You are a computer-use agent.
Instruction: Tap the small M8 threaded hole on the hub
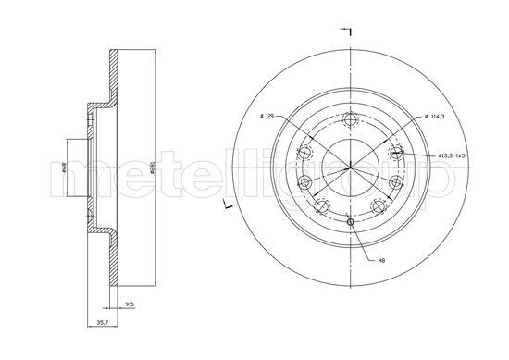(350, 221)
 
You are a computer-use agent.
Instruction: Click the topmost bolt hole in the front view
(350, 120)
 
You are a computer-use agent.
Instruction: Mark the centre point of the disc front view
(350, 168)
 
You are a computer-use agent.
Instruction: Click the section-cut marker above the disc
(348, 32)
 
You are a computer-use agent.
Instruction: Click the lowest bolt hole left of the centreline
(321, 207)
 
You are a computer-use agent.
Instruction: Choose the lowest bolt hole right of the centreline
(378, 207)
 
